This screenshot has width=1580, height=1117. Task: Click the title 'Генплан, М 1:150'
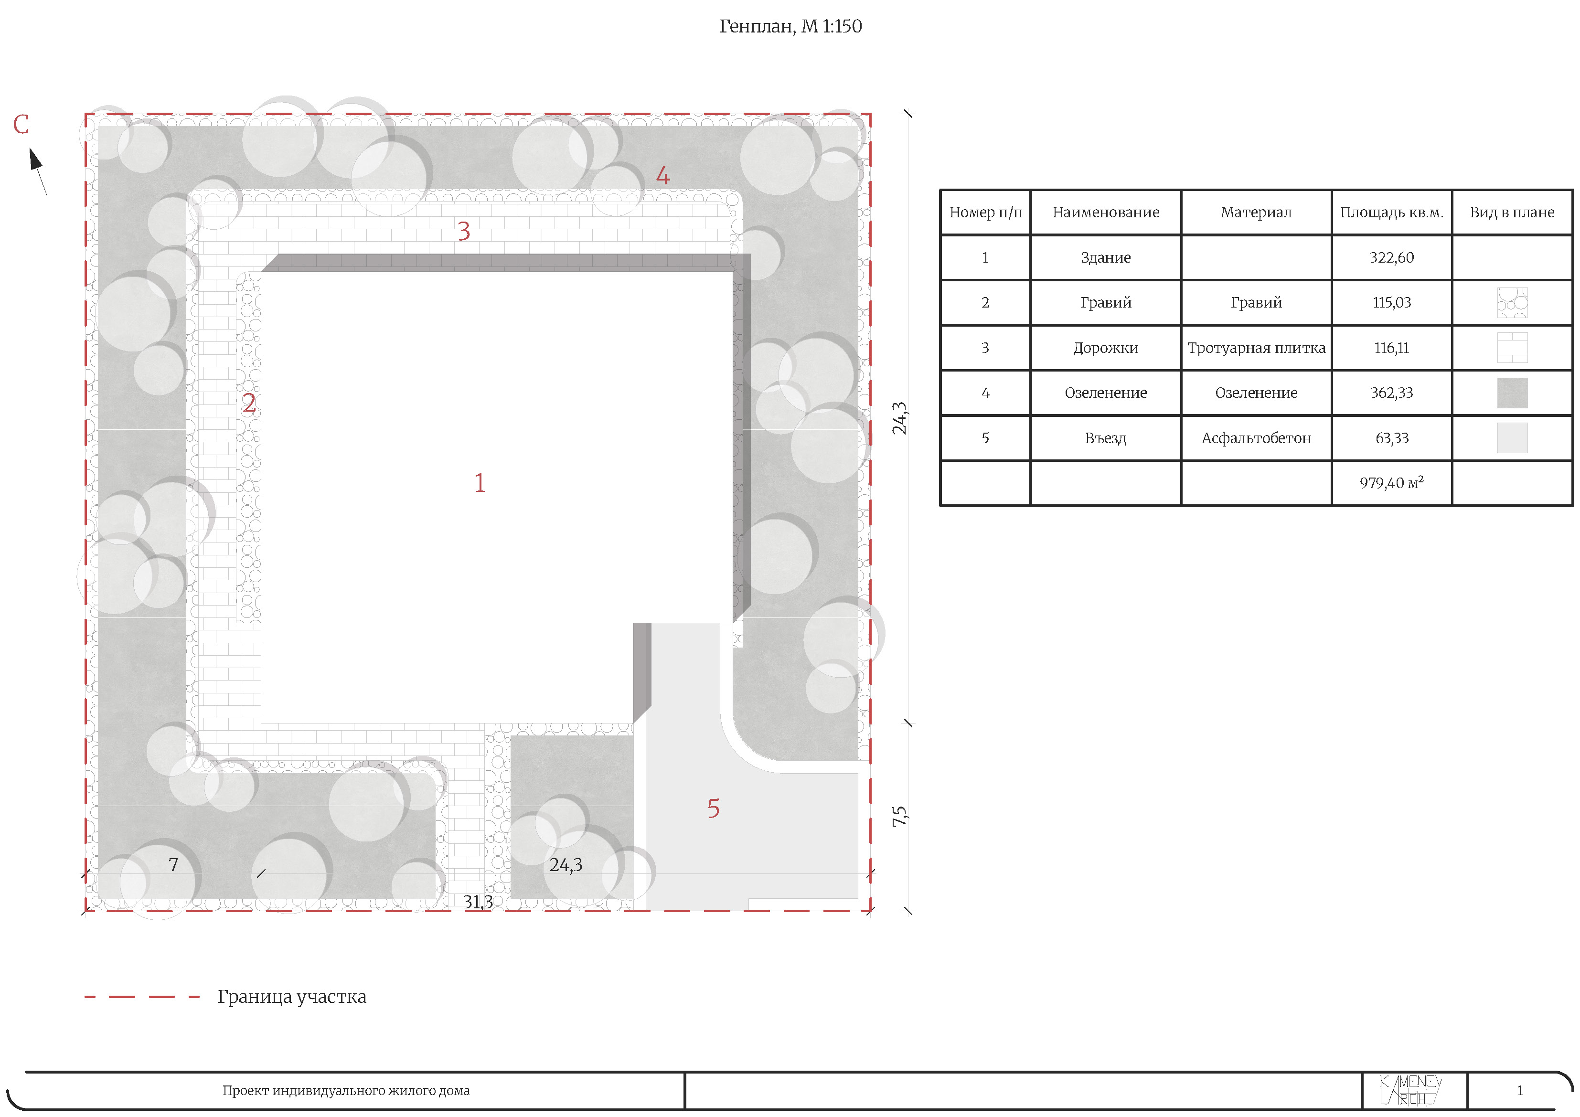click(790, 27)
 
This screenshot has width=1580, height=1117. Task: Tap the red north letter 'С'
click(21, 125)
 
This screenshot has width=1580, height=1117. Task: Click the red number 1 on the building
click(480, 483)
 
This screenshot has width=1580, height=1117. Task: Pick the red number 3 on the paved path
click(464, 231)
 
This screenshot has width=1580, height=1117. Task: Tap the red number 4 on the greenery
click(662, 175)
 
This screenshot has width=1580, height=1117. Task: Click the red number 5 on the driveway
click(714, 808)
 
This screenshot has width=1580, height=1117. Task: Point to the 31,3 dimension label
click(478, 902)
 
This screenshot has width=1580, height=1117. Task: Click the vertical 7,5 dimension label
click(899, 817)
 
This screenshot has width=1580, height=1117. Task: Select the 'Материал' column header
click(1256, 212)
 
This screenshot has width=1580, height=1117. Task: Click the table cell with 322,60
click(1391, 257)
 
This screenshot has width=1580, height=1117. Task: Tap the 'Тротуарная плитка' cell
click(1256, 348)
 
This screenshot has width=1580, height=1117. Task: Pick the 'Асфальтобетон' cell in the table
click(1256, 438)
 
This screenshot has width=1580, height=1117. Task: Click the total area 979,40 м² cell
click(1391, 482)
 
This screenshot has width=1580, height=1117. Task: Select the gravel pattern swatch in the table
click(1512, 303)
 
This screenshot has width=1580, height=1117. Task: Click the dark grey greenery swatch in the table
click(1512, 393)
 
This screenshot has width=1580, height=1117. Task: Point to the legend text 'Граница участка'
click(292, 997)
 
